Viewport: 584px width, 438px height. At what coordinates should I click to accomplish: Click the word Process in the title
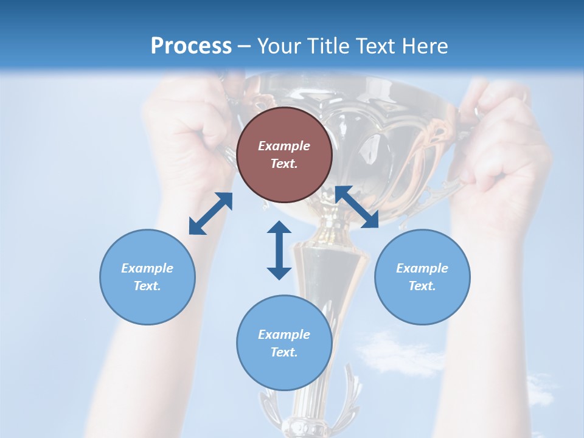191,46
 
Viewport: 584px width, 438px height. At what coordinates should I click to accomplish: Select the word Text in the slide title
375,46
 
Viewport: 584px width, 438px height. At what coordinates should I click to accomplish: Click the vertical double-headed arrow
279,250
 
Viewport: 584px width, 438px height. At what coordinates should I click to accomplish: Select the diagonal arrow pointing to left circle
210,214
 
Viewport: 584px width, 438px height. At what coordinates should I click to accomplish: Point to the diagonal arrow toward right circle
357,207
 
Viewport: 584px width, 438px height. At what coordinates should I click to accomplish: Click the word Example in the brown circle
284,146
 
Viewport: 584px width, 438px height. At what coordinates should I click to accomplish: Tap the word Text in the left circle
147,286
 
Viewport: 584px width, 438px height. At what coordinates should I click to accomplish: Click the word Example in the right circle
422,268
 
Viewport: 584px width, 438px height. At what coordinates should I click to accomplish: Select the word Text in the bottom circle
284,352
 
